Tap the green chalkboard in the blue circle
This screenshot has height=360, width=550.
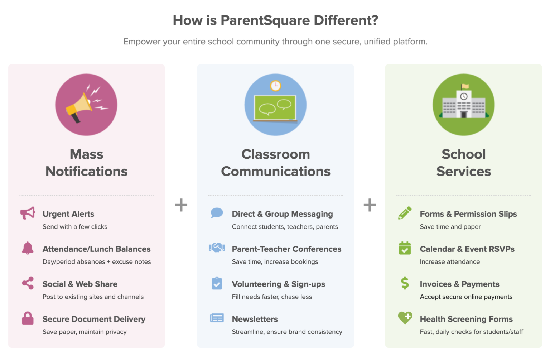tap(275, 107)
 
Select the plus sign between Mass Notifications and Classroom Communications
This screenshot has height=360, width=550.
tap(181, 205)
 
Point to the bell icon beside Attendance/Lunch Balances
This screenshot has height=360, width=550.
tap(28, 248)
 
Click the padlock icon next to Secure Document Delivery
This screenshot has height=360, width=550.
tap(28, 318)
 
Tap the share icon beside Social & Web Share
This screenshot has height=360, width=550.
tap(28, 283)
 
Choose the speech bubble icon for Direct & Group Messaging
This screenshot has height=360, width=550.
tap(217, 213)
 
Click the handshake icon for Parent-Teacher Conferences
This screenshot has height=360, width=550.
tap(217, 248)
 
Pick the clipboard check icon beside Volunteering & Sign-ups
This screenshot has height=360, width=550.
tap(217, 283)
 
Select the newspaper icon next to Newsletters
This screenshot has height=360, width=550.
tap(217, 318)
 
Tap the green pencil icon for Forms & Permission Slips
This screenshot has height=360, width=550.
tap(405, 213)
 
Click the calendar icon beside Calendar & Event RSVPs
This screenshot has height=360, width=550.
tap(405, 248)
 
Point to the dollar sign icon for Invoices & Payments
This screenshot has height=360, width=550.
tap(405, 283)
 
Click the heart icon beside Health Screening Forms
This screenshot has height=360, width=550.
tap(405, 317)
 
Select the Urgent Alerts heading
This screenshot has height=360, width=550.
tap(68, 214)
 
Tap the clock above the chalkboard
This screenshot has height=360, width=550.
tap(275, 86)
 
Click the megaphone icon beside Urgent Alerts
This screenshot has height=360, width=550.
tap(28, 213)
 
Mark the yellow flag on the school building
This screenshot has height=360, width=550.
tap(465, 86)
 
